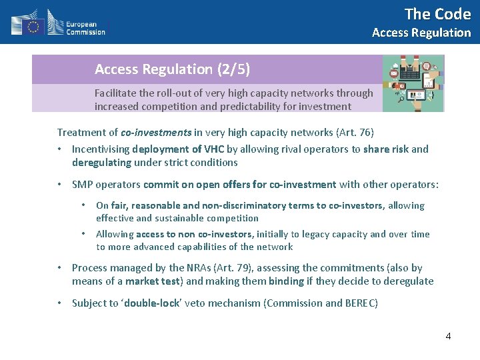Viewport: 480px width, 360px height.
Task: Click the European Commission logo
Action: point(58,23)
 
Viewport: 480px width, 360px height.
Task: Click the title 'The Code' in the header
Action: point(437,14)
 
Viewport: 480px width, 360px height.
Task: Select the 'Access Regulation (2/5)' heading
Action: point(172,69)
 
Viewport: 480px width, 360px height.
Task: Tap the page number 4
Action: point(448,336)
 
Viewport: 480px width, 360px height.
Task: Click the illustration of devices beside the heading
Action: point(413,83)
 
